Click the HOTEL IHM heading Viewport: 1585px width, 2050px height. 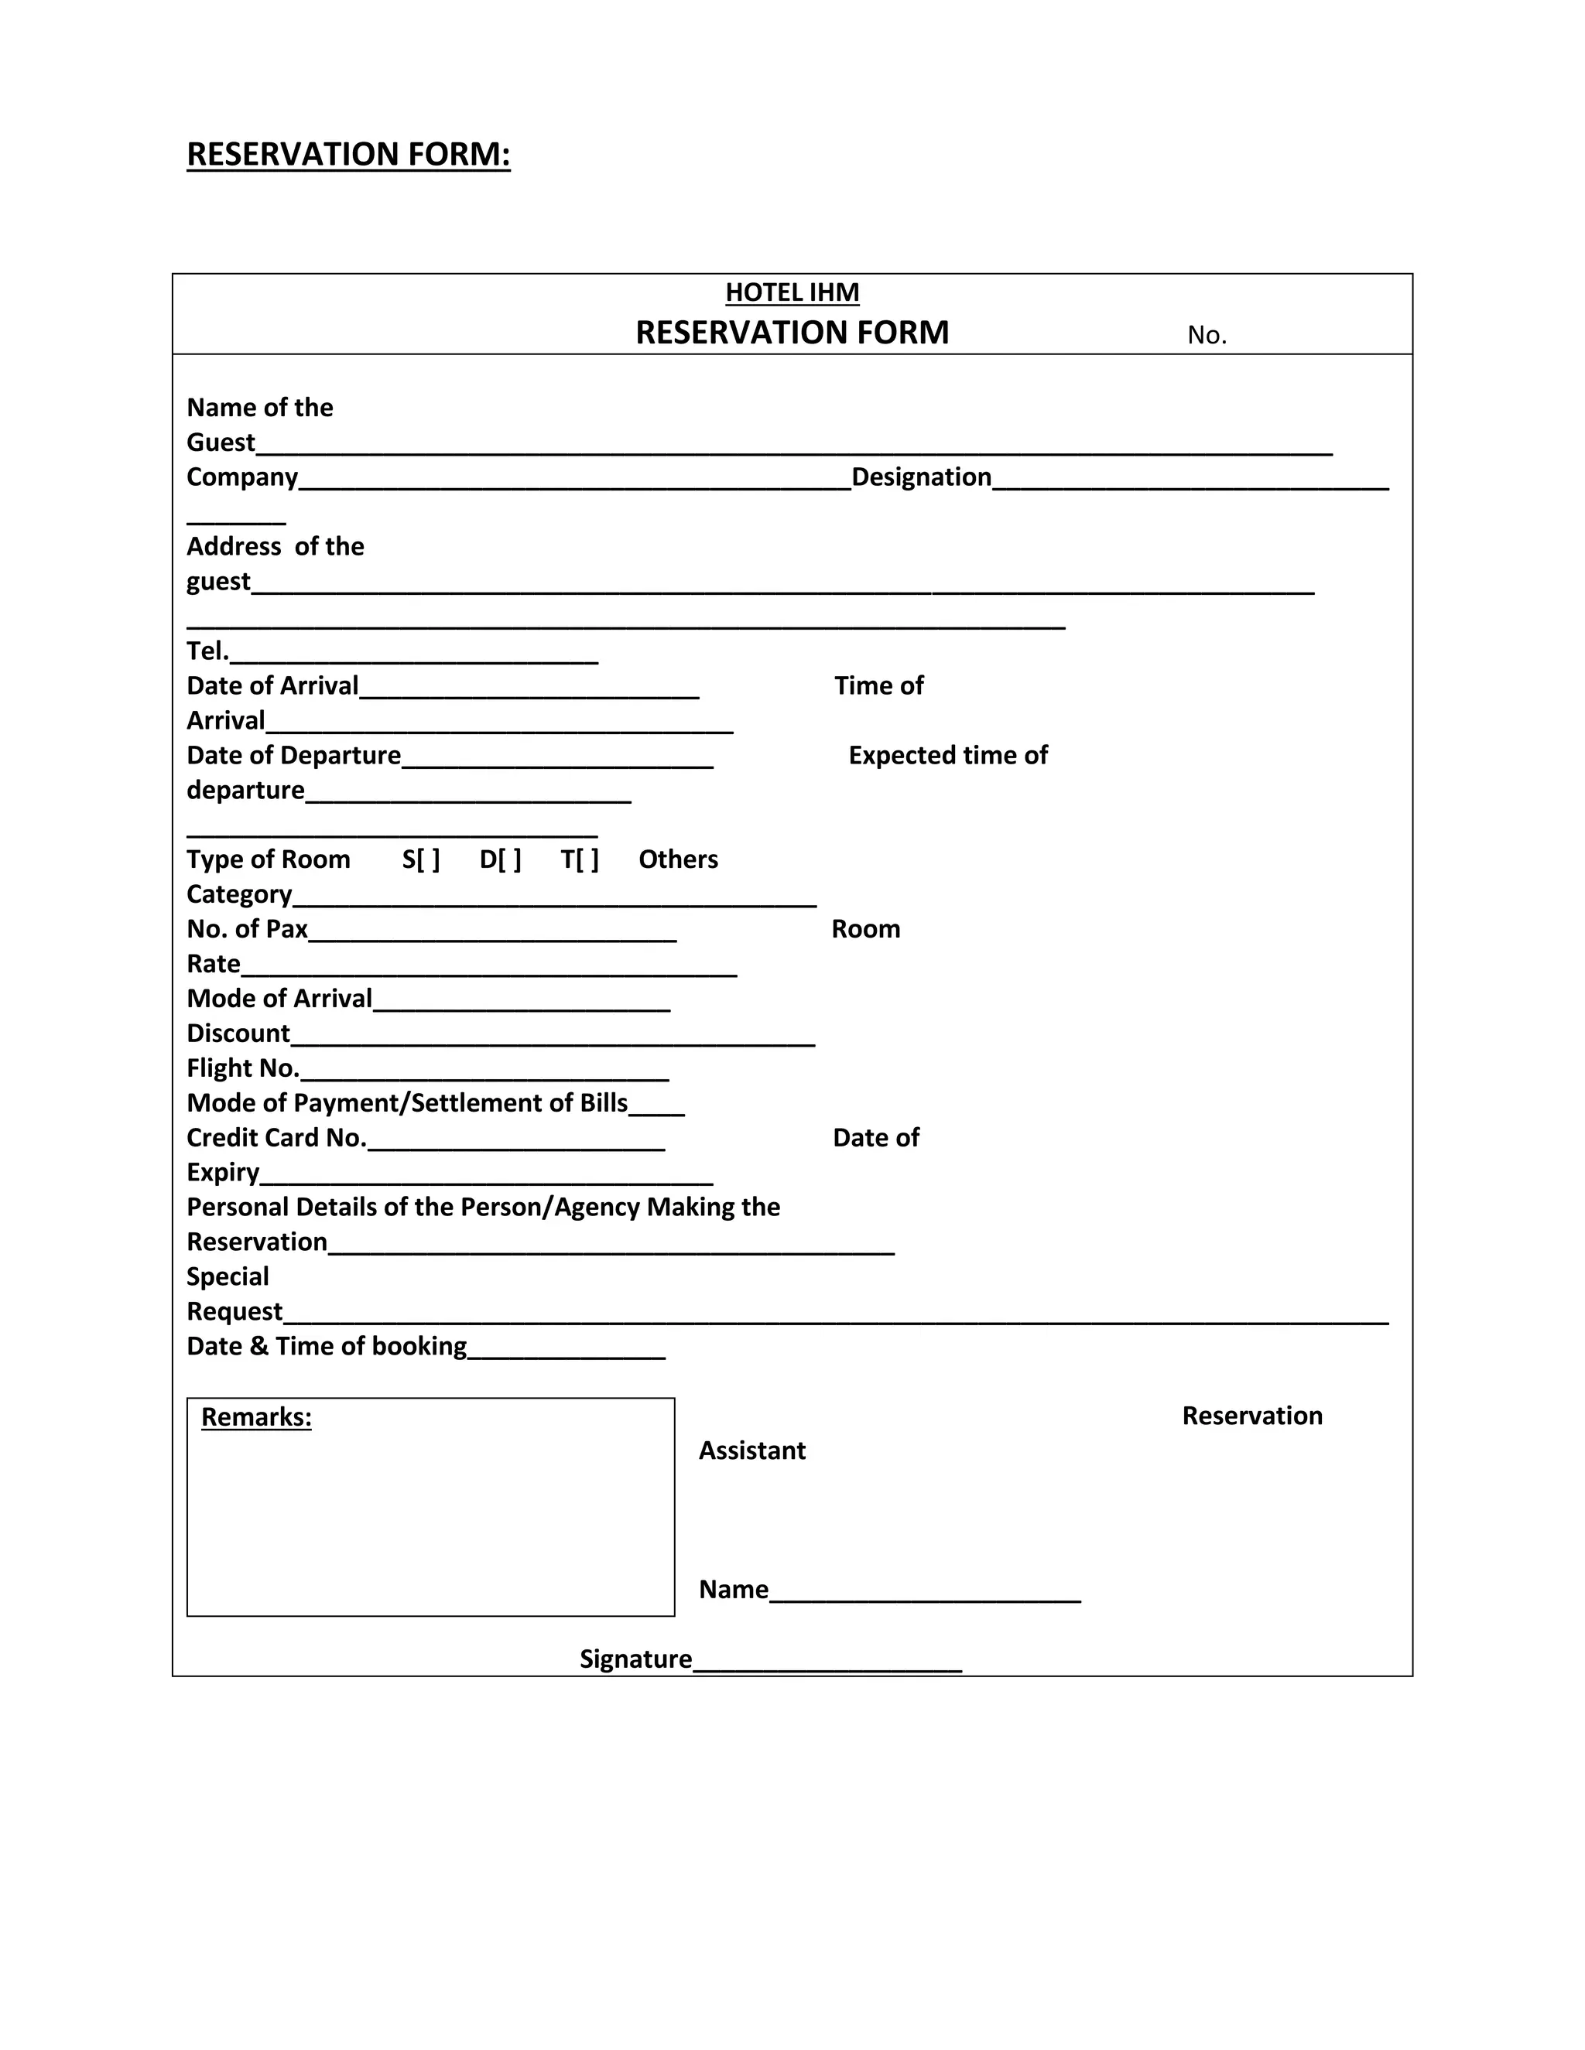click(792, 293)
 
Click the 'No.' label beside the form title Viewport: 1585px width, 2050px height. click(1207, 335)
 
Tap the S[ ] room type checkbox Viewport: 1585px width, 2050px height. click(421, 859)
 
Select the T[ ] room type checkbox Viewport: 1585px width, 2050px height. click(580, 859)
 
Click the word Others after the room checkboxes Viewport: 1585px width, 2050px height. click(678, 859)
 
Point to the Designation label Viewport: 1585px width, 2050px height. click(921, 477)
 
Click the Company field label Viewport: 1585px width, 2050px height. click(241, 477)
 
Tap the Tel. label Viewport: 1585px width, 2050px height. click(207, 651)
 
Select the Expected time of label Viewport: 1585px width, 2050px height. click(947, 755)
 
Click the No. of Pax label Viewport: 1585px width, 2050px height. click(247, 928)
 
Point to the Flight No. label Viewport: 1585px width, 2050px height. click(242, 1068)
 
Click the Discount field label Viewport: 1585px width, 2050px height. click(238, 1033)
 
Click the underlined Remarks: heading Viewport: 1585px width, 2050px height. click(256, 1416)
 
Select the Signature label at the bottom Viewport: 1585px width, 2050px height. click(635, 1659)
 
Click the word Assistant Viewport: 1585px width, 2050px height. click(752, 1450)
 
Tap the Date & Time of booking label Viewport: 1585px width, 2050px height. click(326, 1346)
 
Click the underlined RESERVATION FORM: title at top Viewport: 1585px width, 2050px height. click(348, 154)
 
